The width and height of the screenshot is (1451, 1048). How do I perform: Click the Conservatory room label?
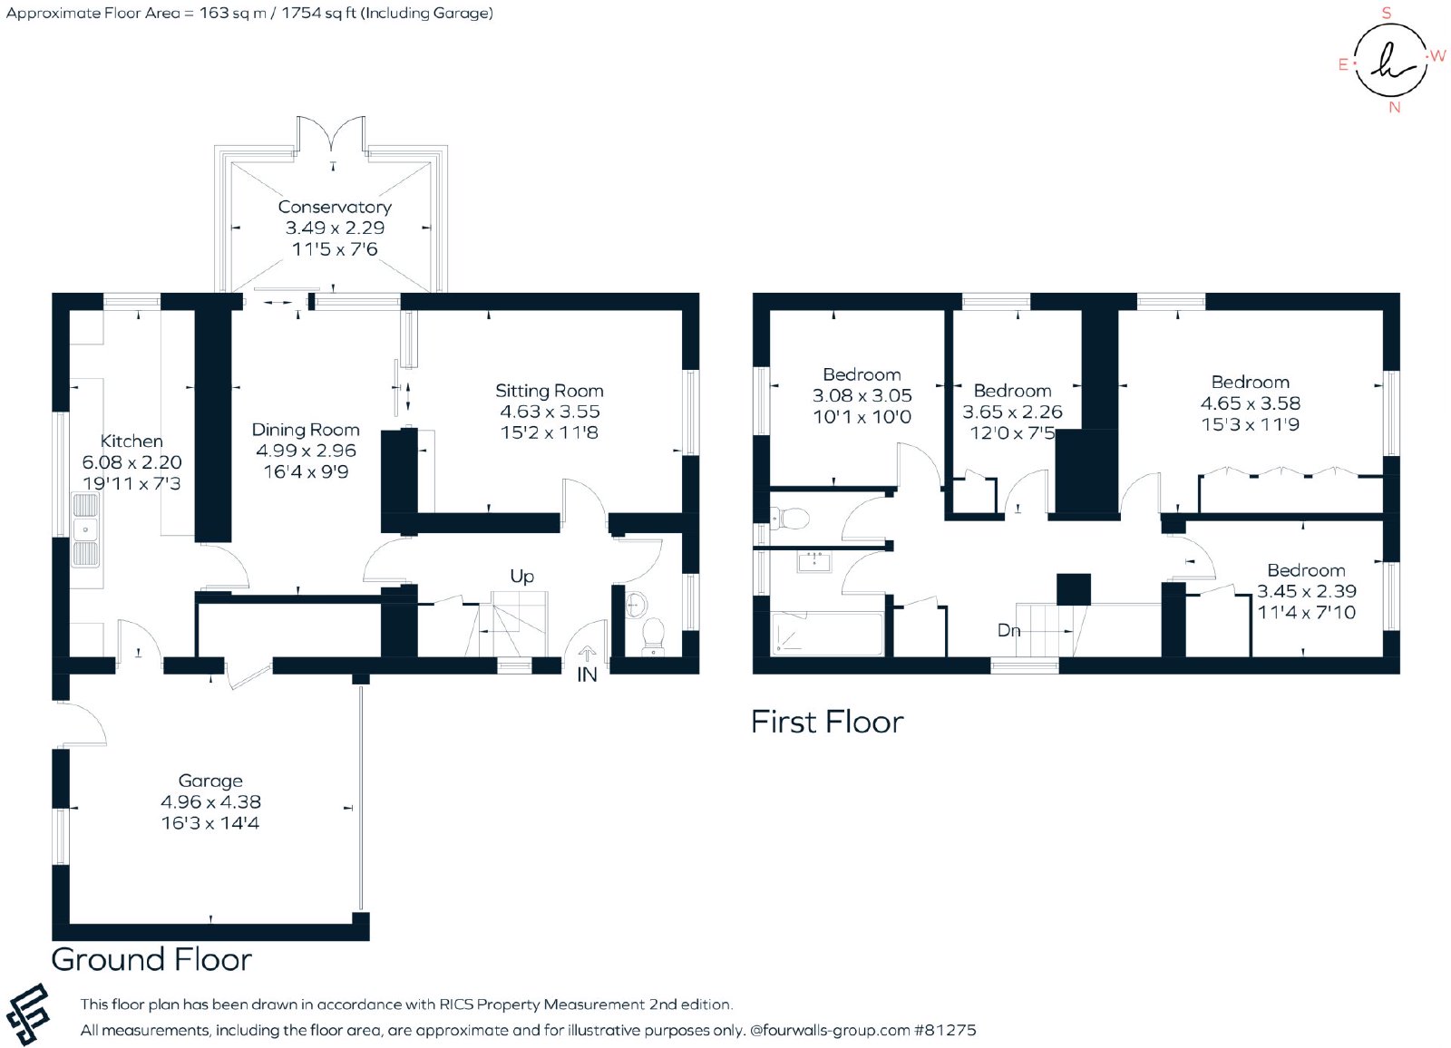(335, 208)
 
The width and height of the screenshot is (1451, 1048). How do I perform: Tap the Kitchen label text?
(131, 442)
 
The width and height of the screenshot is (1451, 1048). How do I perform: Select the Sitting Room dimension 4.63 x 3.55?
(550, 412)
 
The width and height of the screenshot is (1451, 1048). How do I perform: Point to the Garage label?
(210, 781)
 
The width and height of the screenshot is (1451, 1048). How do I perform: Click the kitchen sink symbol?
(85, 530)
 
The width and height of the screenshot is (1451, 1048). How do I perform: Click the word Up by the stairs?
(522, 577)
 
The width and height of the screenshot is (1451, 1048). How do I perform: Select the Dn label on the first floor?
(1009, 630)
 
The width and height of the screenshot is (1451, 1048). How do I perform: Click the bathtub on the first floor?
(827, 634)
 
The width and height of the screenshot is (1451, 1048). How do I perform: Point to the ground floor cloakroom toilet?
(653, 636)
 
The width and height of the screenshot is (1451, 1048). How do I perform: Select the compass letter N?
(1395, 108)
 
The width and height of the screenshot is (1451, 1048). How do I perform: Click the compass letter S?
(1386, 13)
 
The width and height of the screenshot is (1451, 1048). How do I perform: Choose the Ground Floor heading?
(151, 959)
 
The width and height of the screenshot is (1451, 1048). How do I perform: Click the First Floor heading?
(827, 723)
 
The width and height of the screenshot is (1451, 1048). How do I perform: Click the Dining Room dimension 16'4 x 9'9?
(306, 471)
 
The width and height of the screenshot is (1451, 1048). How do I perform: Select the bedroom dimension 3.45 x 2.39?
(1306, 591)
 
